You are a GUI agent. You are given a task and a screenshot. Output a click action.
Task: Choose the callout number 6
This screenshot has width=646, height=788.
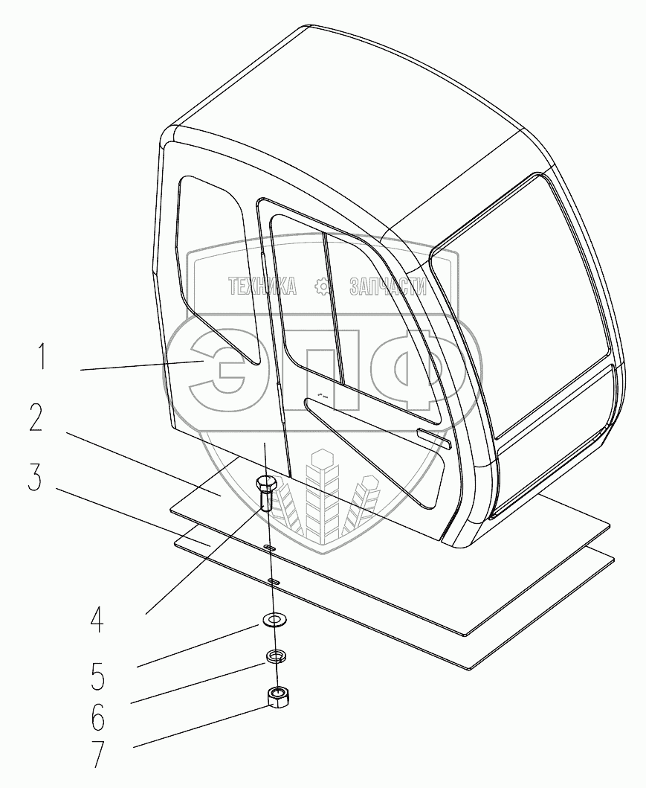(97, 718)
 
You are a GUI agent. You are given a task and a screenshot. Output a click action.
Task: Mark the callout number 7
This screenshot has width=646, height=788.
(97, 755)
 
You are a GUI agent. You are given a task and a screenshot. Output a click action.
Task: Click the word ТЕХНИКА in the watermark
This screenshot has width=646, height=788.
(262, 286)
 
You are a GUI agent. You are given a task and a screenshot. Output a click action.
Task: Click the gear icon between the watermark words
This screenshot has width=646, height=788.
(323, 286)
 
